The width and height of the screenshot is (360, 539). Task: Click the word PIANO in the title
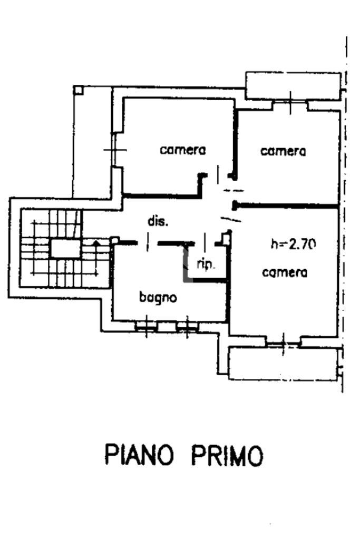coord(140,455)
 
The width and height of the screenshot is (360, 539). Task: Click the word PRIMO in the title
coord(227,455)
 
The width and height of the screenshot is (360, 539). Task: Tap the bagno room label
coord(158,297)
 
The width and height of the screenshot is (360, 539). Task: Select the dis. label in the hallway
coord(158,222)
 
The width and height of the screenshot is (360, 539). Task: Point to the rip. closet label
coord(206,265)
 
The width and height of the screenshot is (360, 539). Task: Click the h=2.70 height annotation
coord(293,244)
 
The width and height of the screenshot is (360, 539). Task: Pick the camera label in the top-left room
coord(183,150)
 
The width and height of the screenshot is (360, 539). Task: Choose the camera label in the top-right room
coord(283,151)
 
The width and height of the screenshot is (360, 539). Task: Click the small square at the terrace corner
coord(78,90)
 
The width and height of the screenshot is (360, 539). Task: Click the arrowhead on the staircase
coord(95,243)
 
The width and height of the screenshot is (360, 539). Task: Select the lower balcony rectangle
coord(284,364)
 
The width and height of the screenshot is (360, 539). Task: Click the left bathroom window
coord(146,327)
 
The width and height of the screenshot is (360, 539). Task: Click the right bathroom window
coord(187,327)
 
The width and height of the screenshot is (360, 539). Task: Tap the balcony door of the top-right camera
coord(290,104)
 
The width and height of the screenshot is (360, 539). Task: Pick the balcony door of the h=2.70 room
coord(283,342)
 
